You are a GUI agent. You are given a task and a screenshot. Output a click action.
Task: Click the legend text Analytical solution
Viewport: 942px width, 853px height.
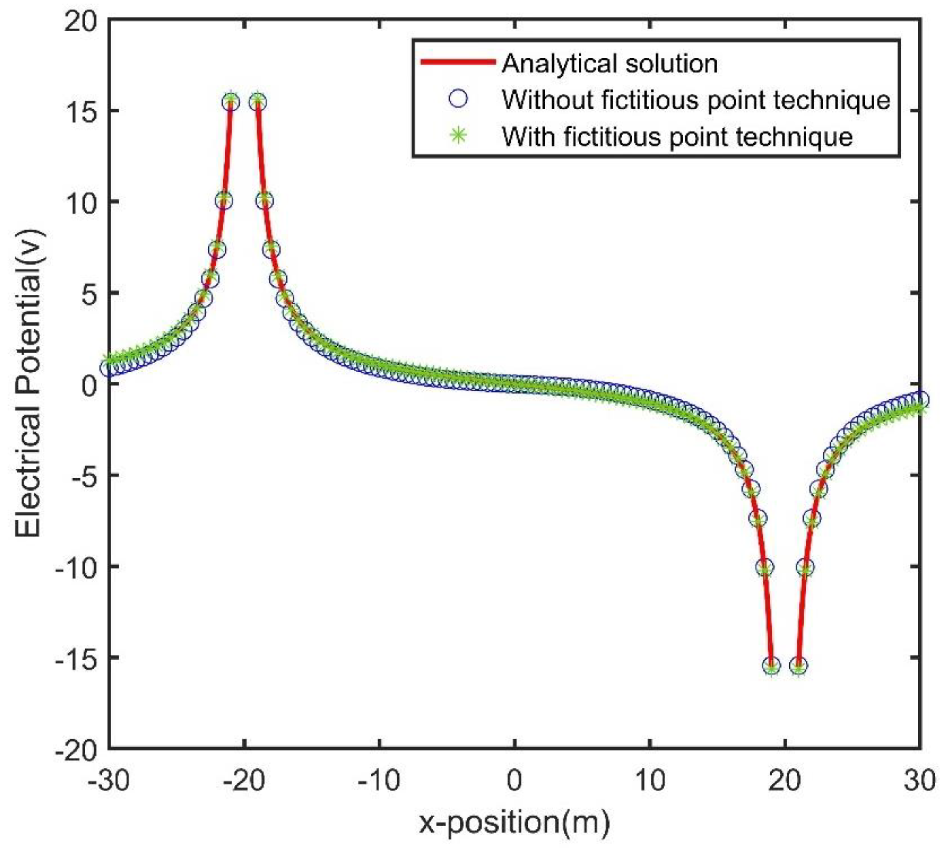pyautogui.click(x=610, y=63)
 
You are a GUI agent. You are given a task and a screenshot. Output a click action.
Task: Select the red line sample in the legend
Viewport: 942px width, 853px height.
pyautogui.click(x=458, y=62)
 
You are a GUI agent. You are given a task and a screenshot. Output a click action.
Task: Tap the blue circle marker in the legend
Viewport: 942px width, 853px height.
pyautogui.click(x=458, y=99)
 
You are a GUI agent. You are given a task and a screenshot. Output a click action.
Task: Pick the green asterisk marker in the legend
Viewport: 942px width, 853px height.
pyautogui.click(x=458, y=136)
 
